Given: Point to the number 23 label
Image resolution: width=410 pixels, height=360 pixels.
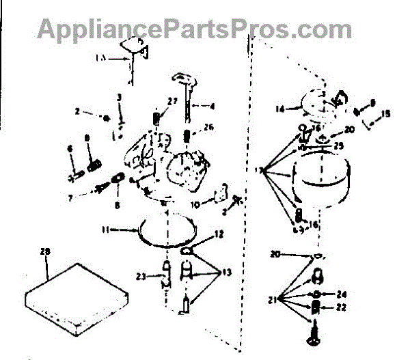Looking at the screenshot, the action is [x=140, y=277].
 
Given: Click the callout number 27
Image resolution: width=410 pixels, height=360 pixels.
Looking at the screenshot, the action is [x=172, y=101].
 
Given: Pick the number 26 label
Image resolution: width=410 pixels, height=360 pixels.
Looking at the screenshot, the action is [x=209, y=126].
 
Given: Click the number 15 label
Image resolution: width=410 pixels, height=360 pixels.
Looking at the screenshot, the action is [x=387, y=114].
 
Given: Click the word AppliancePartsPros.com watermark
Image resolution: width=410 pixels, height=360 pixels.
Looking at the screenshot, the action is [x=195, y=29].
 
